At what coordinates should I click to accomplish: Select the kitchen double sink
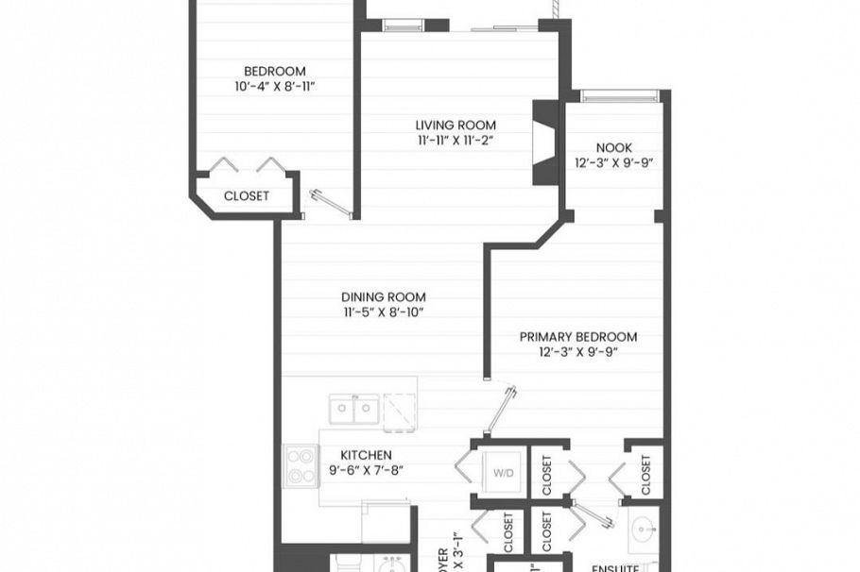353,409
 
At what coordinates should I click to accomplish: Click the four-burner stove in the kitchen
302,464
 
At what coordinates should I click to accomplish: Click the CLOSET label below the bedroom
246,196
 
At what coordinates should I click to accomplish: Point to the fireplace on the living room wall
545,142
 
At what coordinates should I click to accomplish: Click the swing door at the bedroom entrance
333,203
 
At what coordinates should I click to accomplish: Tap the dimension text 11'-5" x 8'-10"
384,312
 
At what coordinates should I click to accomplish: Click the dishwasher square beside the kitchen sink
399,411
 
